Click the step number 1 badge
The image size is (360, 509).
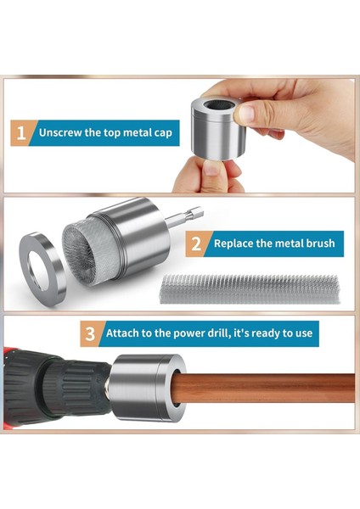tap(21, 133)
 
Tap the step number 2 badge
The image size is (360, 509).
tap(196, 243)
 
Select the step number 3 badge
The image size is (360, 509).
tap(90, 333)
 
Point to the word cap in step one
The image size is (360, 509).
tap(163, 133)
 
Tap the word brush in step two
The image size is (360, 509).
tap(320, 243)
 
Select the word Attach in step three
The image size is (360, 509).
tap(123, 333)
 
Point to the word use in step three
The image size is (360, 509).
tap(304, 334)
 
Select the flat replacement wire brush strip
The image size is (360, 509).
tap(250, 289)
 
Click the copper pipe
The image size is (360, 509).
tap(266, 389)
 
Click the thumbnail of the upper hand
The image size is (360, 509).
tap(245, 114)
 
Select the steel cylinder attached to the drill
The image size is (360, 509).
tap(147, 388)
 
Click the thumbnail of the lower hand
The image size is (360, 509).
tap(213, 167)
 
